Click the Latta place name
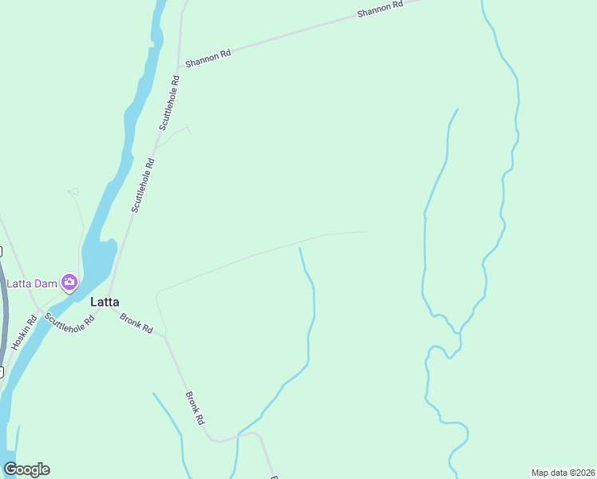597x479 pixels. pyautogui.click(x=105, y=302)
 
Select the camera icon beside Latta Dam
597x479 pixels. pyautogui.click(x=69, y=282)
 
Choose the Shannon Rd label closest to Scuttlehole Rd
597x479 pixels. pyautogui.click(x=208, y=57)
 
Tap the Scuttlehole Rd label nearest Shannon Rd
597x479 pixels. pyautogui.click(x=168, y=102)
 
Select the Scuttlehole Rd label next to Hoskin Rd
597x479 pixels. pyautogui.click(x=69, y=322)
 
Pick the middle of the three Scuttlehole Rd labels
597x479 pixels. pyautogui.click(x=143, y=184)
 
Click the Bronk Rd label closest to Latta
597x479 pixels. pyautogui.click(x=136, y=323)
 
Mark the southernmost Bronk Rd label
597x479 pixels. pyautogui.click(x=196, y=407)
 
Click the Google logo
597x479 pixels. pyautogui.click(x=26, y=469)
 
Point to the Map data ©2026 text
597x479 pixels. pyautogui.click(x=563, y=473)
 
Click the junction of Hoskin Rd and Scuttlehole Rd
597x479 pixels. pyautogui.click(x=38, y=307)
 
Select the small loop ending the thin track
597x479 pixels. pyautogui.click(x=74, y=191)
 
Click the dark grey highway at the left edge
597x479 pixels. pyautogui.click(x=3, y=319)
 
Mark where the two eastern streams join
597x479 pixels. pyautogui.click(x=458, y=334)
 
